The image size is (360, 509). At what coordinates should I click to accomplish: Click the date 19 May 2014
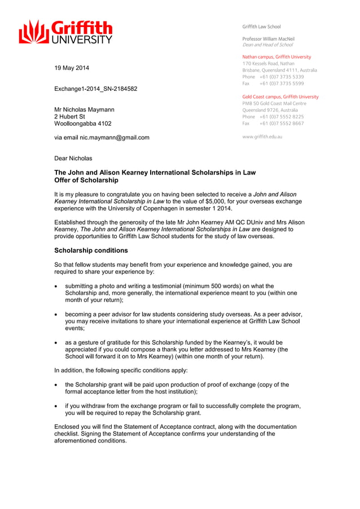(x=71, y=68)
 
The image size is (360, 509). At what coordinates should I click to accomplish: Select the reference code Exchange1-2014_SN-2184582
(x=95, y=89)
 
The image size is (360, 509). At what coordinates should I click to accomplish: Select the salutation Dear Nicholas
(x=73, y=158)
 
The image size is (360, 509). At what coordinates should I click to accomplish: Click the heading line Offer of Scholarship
(x=86, y=181)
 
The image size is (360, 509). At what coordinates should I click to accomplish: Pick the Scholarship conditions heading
(x=91, y=251)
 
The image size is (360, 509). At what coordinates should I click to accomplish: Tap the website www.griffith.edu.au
(x=262, y=137)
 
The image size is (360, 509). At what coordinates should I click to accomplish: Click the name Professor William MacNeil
(x=268, y=39)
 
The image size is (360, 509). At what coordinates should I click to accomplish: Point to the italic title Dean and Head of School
(x=267, y=45)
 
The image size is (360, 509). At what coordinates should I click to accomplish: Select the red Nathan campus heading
(x=276, y=57)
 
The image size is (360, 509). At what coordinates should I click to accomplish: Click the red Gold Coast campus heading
(x=280, y=96)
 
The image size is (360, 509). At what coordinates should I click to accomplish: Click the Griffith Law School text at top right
(x=261, y=27)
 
